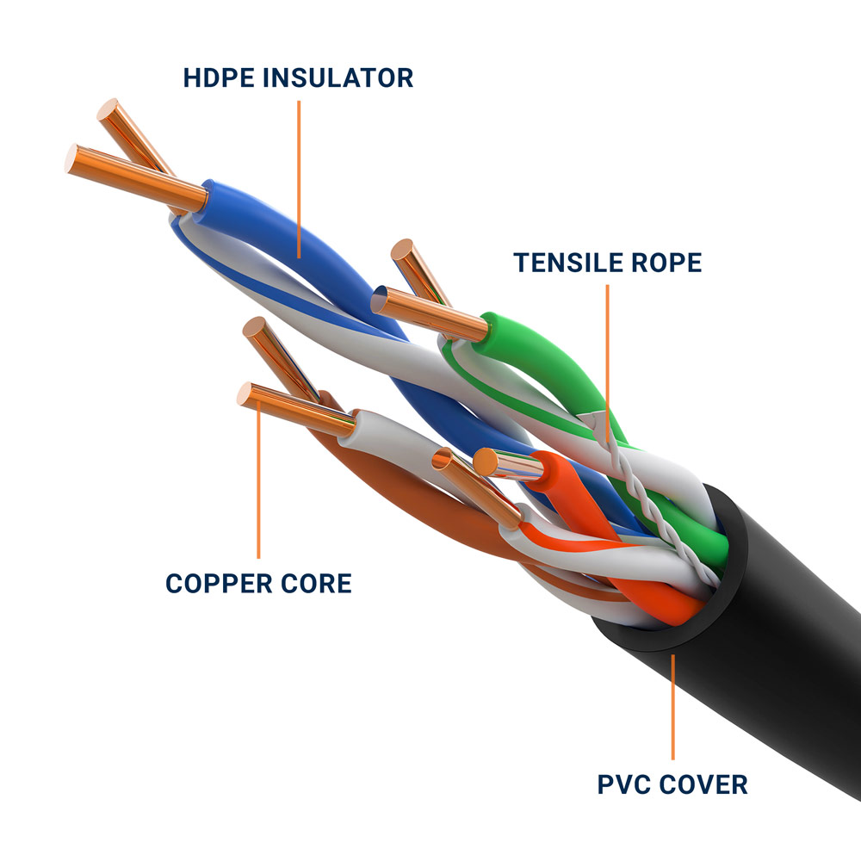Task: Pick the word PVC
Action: point(628,784)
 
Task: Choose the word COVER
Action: point(703,784)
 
